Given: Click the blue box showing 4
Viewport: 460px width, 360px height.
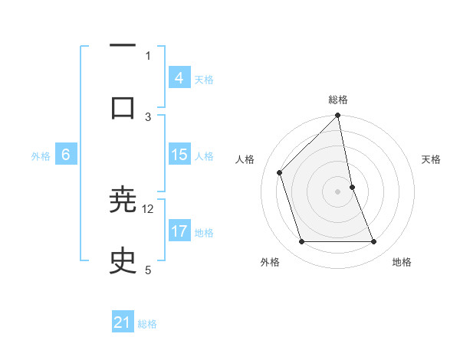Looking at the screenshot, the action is [x=179, y=78].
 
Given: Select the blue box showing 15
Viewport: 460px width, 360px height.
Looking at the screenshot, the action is [x=179, y=155].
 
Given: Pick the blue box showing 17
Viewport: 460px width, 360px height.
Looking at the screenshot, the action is [x=179, y=231].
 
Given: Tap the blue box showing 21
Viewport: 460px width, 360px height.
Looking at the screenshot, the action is [x=123, y=322].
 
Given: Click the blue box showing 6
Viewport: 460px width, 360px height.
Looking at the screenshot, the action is [x=66, y=155].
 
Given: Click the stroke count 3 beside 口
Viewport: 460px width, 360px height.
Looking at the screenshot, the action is [x=148, y=116].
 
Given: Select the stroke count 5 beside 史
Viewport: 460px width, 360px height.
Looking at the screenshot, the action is [x=148, y=270].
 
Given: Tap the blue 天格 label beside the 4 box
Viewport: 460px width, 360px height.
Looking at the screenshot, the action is [x=204, y=79].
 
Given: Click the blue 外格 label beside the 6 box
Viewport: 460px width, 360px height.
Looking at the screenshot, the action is [x=41, y=155].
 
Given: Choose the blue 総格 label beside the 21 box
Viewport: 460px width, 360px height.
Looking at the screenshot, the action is [x=147, y=323].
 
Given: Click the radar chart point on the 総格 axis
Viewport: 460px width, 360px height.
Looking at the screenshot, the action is [x=338, y=116].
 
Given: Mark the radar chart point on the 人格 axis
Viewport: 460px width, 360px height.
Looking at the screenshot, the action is [x=280, y=172].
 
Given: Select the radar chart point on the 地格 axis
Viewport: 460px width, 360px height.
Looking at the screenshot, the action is [x=374, y=242].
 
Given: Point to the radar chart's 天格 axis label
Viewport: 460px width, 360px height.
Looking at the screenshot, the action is [x=432, y=159].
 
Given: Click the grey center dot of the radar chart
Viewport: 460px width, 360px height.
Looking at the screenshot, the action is [x=338, y=191].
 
